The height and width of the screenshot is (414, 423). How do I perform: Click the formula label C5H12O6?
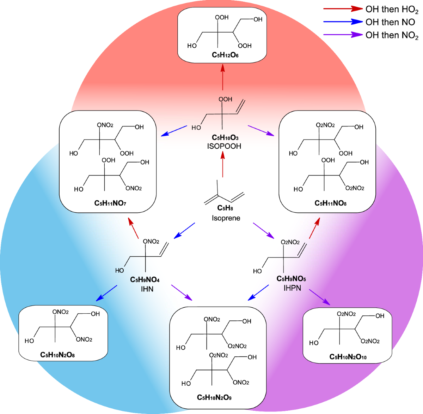click(225, 55)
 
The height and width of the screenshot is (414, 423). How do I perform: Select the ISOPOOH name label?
click(224, 146)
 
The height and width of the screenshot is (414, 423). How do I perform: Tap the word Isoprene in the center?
click(226, 218)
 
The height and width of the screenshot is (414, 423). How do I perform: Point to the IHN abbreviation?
click(147, 289)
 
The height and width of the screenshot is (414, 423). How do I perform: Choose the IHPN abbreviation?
click(292, 288)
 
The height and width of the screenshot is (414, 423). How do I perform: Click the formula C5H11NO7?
click(110, 203)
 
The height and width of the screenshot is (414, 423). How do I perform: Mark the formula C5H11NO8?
click(330, 203)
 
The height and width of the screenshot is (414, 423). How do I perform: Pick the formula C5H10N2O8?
click(57, 355)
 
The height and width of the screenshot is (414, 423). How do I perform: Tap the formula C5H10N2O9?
click(214, 398)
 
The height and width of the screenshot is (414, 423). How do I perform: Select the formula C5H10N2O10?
click(348, 357)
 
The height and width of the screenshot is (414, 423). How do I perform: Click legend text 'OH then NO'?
click(390, 22)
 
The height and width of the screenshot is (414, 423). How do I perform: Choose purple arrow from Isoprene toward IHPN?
click(264, 230)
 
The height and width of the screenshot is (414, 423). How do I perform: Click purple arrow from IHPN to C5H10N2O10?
click(320, 297)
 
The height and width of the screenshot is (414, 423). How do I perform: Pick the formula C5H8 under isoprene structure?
click(225, 208)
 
